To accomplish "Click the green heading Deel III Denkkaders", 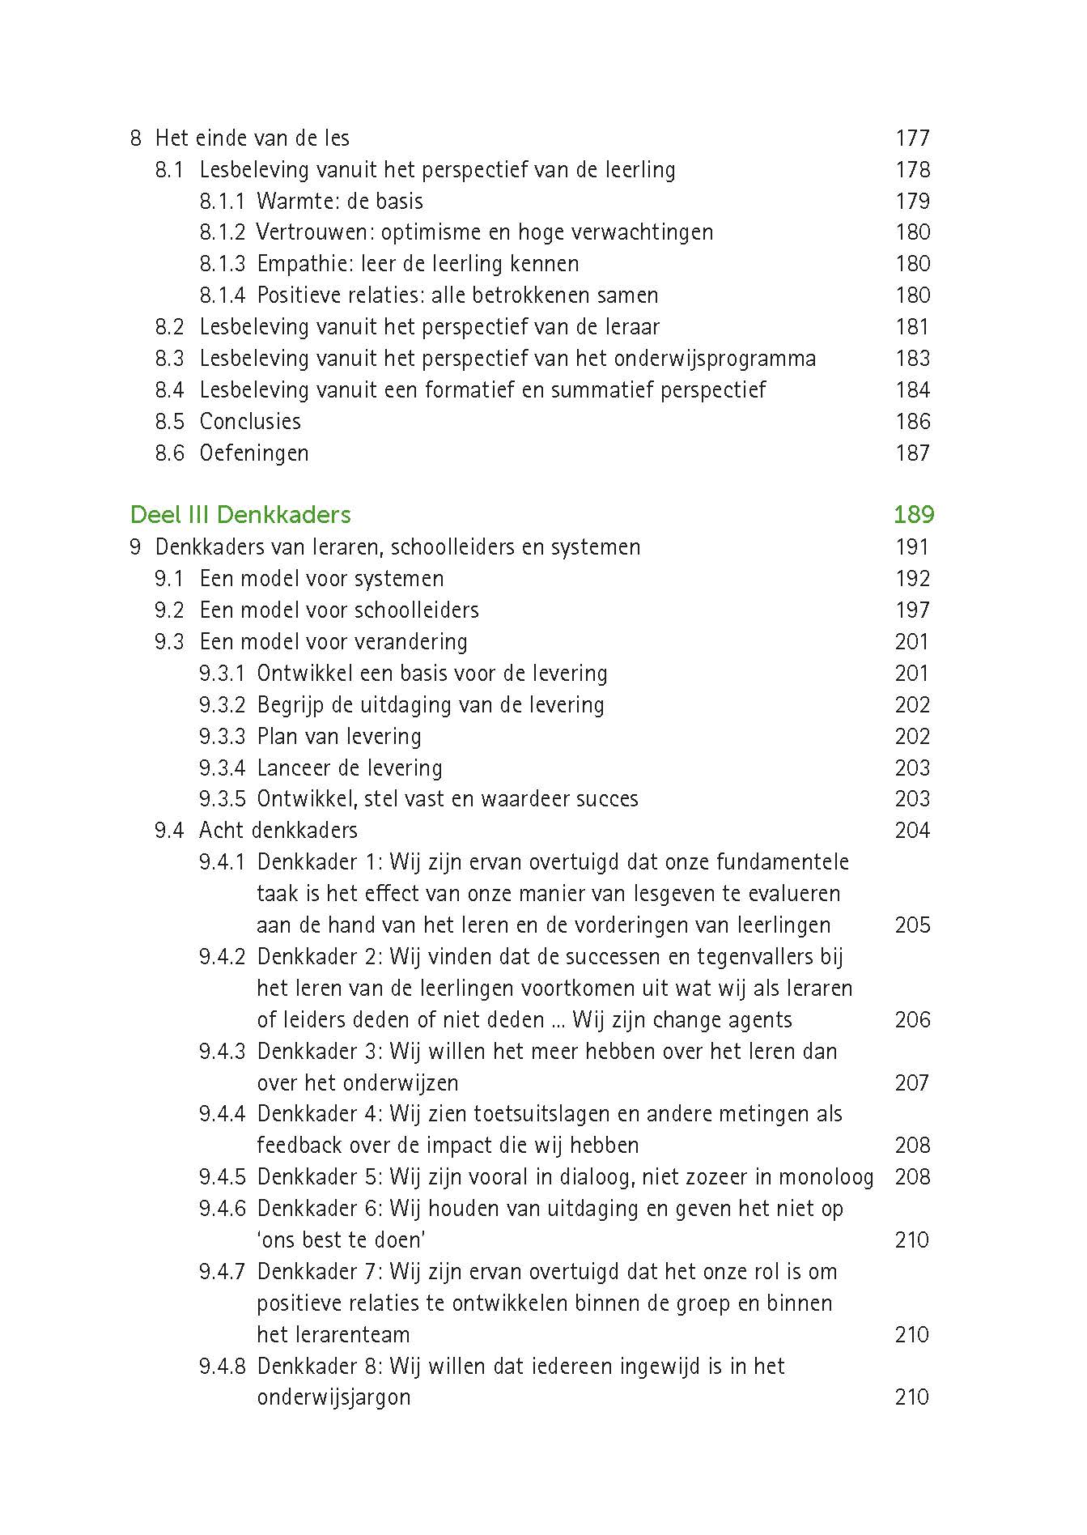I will (240, 515).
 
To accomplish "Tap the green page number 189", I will (914, 515).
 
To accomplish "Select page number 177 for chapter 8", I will (913, 138).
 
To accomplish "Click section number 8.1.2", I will (222, 232).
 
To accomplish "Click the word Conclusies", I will (250, 422).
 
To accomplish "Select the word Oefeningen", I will (254, 453).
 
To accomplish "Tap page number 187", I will (913, 453).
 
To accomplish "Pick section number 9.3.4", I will (222, 767).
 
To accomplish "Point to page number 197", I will (913, 610).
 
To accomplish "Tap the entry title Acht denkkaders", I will (278, 831).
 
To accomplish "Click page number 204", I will (913, 831).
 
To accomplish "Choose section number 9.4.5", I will (222, 1177).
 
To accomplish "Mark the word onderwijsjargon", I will (333, 1397).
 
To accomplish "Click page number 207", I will (913, 1083).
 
